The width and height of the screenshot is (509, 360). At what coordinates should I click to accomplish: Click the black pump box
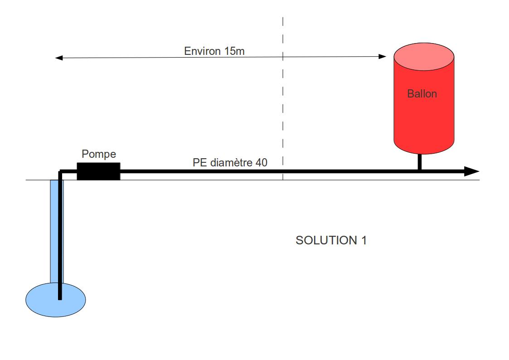[98, 171]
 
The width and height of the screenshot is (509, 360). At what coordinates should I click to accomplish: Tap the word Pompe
[98, 154]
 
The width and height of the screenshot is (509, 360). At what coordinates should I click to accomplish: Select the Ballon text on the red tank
[422, 94]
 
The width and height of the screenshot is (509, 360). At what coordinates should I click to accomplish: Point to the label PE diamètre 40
[230, 162]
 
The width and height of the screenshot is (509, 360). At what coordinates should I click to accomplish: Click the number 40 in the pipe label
[261, 162]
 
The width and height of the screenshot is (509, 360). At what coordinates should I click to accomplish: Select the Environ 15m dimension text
[214, 51]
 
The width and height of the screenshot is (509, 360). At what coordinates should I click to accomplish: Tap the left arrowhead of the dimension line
[58, 58]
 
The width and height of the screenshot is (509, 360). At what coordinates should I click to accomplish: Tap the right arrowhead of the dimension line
[383, 57]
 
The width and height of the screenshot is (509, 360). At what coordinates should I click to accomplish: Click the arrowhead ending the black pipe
[472, 171]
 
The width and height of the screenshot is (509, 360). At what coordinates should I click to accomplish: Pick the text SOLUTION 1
[331, 240]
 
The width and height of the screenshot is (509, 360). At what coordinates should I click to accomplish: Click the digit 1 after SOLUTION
[364, 240]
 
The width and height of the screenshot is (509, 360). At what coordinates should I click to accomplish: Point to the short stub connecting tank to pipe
[420, 161]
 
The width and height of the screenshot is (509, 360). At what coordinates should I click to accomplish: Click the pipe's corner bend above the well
[60, 172]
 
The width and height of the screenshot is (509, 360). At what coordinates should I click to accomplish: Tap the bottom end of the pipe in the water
[60, 298]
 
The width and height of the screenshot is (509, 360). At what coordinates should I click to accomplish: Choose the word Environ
[203, 51]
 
